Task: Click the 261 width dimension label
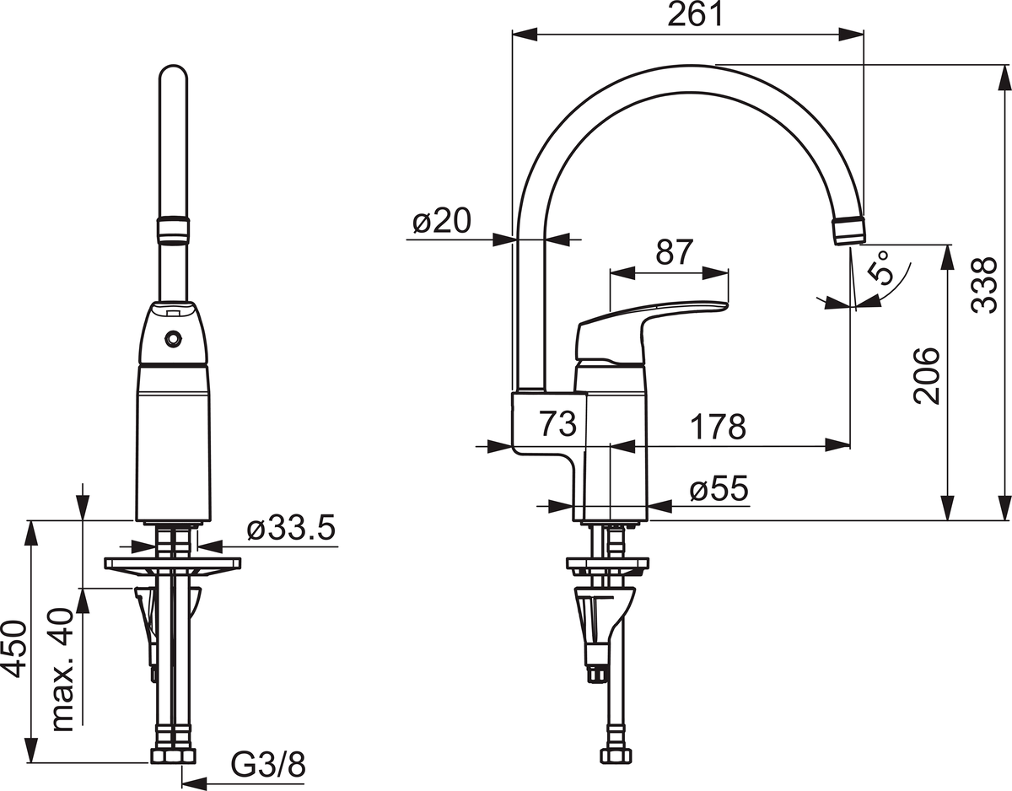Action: coord(695,16)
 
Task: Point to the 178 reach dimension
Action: coord(718,426)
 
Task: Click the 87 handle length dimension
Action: coord(675,253)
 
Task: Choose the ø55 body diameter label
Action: coord(719,489)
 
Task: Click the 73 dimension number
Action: coord(558,424)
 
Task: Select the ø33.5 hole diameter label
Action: coord(291,529)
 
